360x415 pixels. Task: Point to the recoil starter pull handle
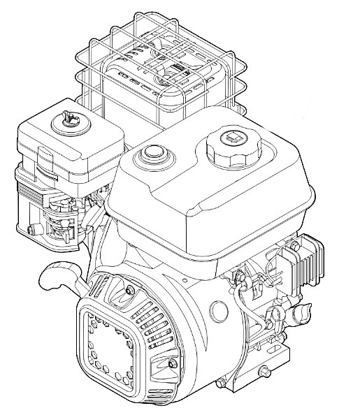56,277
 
